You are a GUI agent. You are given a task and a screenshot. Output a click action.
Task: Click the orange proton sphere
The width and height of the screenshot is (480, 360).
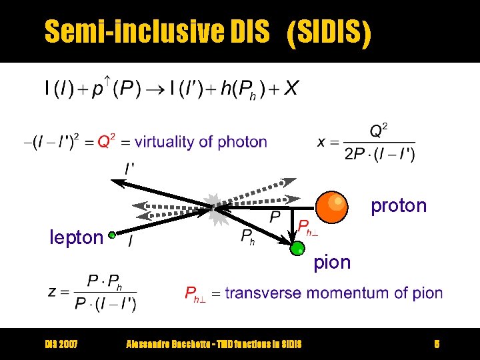pyautogui.click(x=331, y=206)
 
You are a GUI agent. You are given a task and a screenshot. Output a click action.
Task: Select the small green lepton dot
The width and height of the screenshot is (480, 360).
pyautogui.click(x=113, y=235)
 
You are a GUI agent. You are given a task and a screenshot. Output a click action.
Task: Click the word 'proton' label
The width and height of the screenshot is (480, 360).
pyautogui.click(x=399, y=205)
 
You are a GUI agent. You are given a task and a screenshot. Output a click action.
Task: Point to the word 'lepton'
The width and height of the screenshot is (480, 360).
pyautogui.click(x=77, y=237)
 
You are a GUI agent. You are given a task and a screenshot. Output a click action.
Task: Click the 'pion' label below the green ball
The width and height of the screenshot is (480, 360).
pyautogui.click(x=332, y=263)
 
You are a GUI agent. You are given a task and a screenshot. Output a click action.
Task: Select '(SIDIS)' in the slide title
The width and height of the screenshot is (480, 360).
pyautogui.click(x=328, y=31)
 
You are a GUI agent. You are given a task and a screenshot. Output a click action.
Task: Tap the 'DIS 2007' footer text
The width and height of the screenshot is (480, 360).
pyautogui.click(x=61, y=344)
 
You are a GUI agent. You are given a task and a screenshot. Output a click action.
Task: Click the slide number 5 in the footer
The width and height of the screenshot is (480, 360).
pyautogui.click(x=437, y=344)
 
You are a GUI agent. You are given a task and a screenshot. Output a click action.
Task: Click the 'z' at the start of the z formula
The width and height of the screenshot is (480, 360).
pyautogui.click(x=52, y=291)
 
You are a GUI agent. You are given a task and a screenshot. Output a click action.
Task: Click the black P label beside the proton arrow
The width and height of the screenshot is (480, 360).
pyautogui.click(x=275, y=217)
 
